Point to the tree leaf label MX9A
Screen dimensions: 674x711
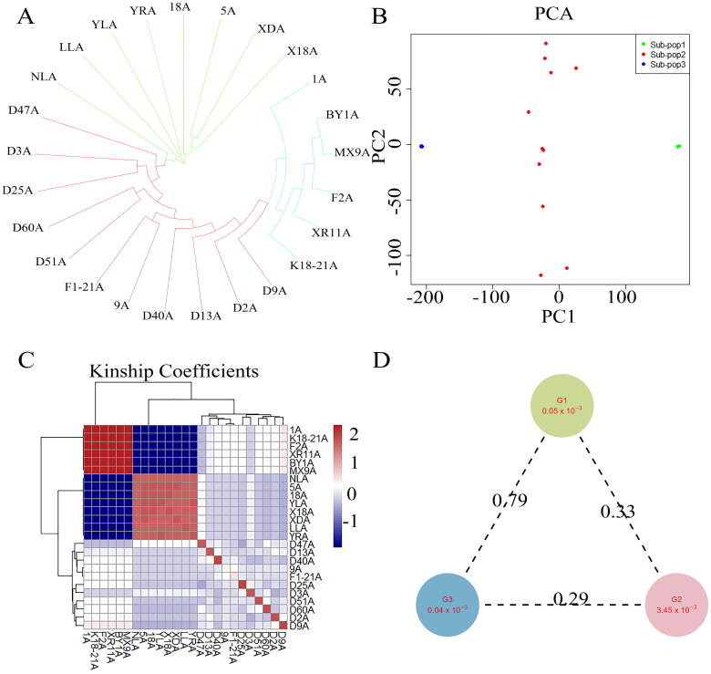[x=352, y=152]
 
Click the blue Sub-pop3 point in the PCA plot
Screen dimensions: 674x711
[x=422, y=147]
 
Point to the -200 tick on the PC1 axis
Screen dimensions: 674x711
[x=422, y=297]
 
